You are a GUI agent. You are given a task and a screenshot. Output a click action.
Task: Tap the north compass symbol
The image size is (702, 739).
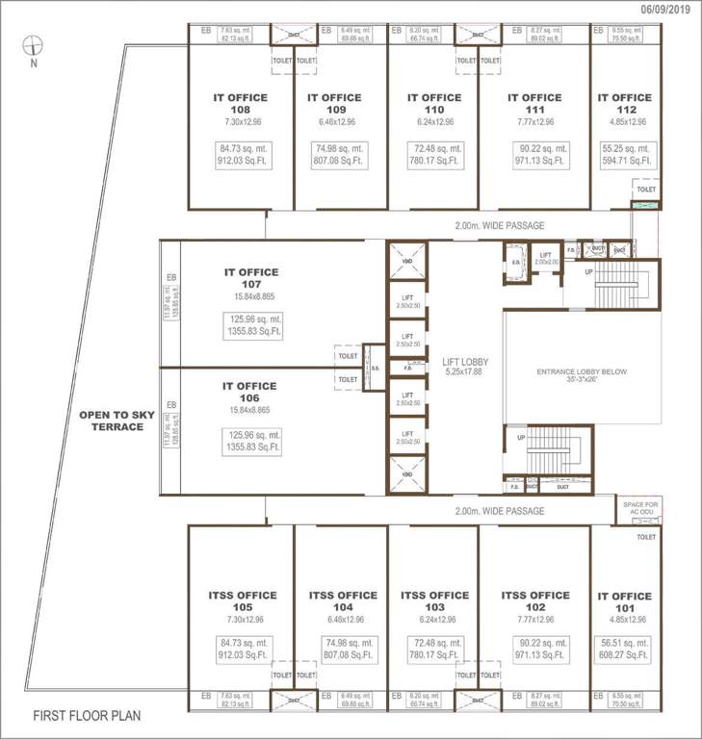pyautogui.click(x=34, y=46)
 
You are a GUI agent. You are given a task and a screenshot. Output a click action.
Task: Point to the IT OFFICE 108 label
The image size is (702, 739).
pyautogui.click(x=240, y=103)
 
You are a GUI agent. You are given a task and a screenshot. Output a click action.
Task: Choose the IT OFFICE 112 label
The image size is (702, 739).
pyautogui.click(x=624, y=103)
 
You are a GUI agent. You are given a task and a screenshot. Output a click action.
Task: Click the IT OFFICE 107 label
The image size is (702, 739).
pyautogui.click(x=250, y=278)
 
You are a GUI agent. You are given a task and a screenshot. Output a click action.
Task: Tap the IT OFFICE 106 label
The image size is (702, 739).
pyautogui.click(x=250, y=392)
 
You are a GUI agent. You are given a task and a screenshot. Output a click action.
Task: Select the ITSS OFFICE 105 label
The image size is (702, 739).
pyautogui.click(x=240, y=601)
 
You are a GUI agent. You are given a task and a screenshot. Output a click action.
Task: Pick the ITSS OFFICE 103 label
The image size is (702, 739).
pyautogui.click(x=434, y=601)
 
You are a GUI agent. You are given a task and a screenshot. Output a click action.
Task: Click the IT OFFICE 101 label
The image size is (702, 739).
pyautogui.click(x=624, y=601)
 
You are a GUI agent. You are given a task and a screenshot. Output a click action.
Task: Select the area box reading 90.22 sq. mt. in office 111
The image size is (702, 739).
pyautogui.click(x=539, y=155)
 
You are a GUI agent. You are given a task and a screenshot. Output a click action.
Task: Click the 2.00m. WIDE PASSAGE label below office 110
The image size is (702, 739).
pyautogui.click(x=499, y=225)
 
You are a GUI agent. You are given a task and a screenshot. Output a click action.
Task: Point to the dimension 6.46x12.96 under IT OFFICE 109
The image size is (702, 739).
pyautogui.click(x=334, y=122)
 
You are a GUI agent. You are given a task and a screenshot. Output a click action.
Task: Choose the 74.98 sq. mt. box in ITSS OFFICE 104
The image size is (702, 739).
pyautogui.click(x=334, y=653)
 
